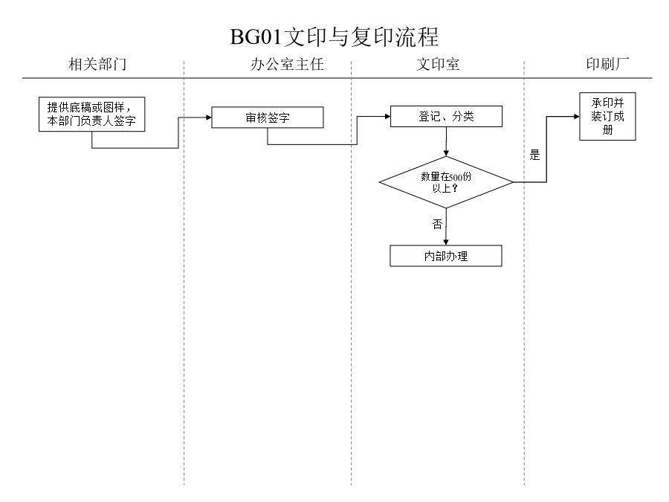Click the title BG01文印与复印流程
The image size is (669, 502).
click(x=334, y=36)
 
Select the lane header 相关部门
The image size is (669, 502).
click(x=97, y=65)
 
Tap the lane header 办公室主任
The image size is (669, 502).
click(x=288, y=65)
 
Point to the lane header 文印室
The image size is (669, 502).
click(x=438, y=65)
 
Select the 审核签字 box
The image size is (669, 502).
click(x=268, y=118)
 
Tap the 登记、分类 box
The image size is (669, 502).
click(x=446, y=117)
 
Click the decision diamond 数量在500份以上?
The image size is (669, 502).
click(x=446, y=181)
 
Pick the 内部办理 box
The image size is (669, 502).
click(x=446, y=256)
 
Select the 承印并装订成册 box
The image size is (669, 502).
click(x=607, y=116)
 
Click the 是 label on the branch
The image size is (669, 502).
click(x=534, y=155)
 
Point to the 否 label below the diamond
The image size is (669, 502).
click(x=437, y=223)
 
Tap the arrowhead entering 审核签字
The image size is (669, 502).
click(x=207, y=117)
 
